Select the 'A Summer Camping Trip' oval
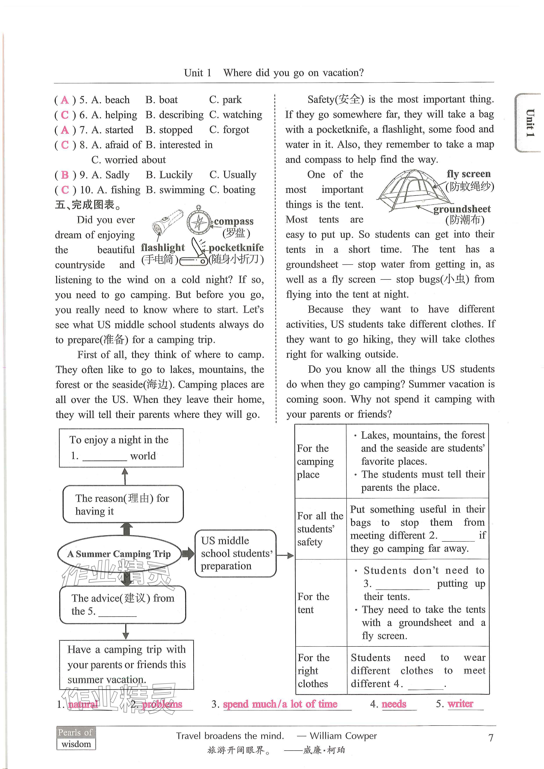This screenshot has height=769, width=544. [119, 554]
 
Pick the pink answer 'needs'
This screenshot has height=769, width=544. [394, 704]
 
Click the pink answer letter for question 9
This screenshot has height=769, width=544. [65, 175]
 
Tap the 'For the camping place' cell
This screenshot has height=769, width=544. [315, 461]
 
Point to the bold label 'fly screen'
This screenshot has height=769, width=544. [468, 174]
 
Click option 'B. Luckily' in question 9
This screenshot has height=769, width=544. [169, 175]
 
